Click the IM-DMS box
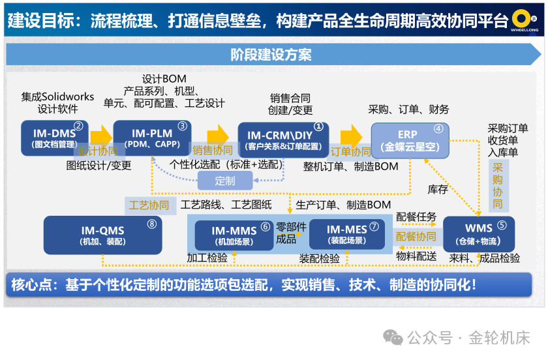pos(54,138)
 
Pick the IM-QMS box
pos(102,235)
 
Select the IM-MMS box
pos(234,234)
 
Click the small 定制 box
pos(224,181)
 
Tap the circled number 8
pos(152,224)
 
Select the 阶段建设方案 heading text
pos(271,55)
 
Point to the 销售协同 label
pos(212,151)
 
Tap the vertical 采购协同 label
pos(497,185)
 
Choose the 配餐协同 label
pos(416,236)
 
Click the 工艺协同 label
pos(149,205)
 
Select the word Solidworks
pos(68,97)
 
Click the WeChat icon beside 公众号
pos(393,337)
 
